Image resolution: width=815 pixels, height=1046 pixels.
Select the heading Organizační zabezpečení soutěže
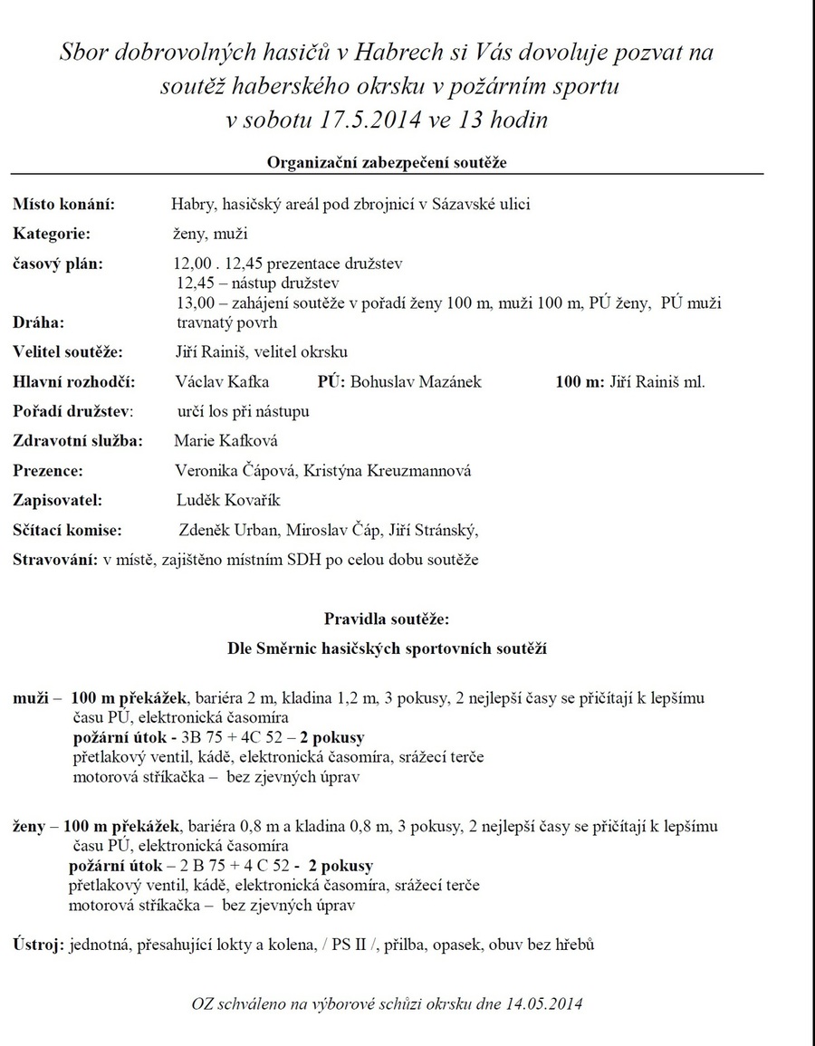(x=388, y=162)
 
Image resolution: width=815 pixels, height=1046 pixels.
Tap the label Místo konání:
(x=64, y=204)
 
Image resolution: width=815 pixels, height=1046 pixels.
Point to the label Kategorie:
(x=52, y=234)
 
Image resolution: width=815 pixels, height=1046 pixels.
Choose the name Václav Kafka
(x=222, y=381)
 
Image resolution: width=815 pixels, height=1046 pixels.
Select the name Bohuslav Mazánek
(x=416, y=381)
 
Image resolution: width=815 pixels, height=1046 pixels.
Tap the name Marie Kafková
(x=225, y=441)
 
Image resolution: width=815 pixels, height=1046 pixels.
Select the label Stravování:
(x=55, y=559)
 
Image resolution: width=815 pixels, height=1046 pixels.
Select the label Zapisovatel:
(x=57, y=500)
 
